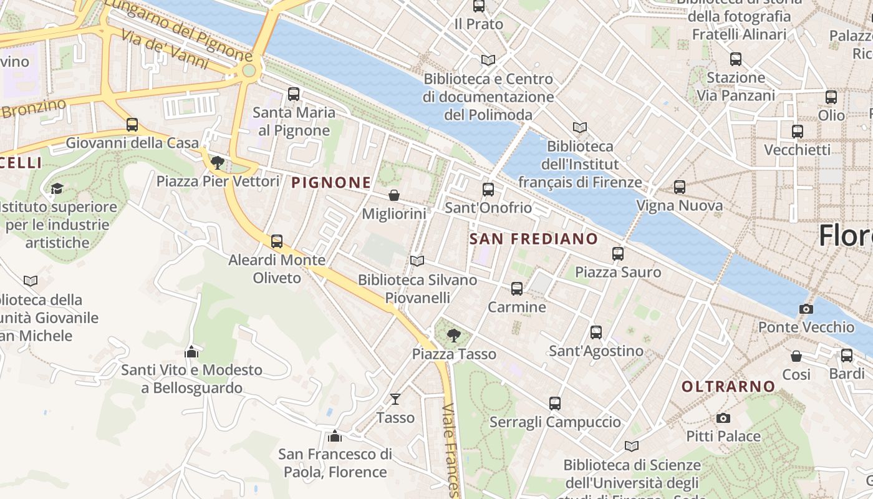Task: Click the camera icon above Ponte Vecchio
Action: (x=806, y=309)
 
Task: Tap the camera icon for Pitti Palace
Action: (x=723, y=418)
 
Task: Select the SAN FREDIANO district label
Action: (x=533, y=239)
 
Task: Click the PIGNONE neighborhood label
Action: (x=331, y=183)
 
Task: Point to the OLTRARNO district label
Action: (x=728, y=387)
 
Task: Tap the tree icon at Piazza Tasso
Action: (x=454, y=336)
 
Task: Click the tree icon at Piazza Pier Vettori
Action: (x=218, y=163)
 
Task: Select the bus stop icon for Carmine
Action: (x=517, y=289)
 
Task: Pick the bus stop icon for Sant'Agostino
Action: (x=596, y=332)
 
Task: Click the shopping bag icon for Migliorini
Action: (x=394, y=195)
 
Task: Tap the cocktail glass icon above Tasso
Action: (x=395, y=399)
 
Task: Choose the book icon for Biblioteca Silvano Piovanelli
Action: (x=417, y=261)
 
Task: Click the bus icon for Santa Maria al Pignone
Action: (x=294, y=94)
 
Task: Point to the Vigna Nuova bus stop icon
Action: (x=680, y=187)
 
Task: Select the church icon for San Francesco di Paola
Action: (x=335, y=435)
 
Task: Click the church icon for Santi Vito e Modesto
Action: (x=191, y=352)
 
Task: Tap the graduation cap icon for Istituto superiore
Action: (x=57, y=188)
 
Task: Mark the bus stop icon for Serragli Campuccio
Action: (x=555, y=404)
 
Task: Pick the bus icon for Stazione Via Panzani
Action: (x=736, y=59)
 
